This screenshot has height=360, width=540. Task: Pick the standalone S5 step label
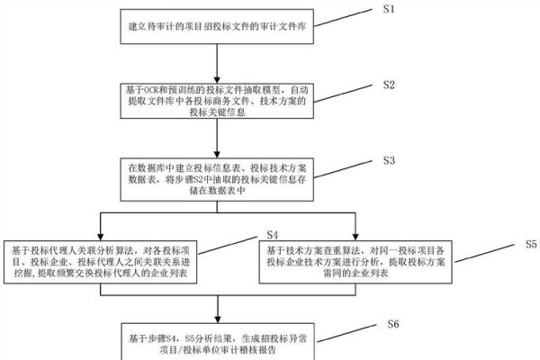pyautogui.click(x=531, y=244)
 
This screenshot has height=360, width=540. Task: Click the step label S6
pyautogui.click(x=392, y=322)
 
